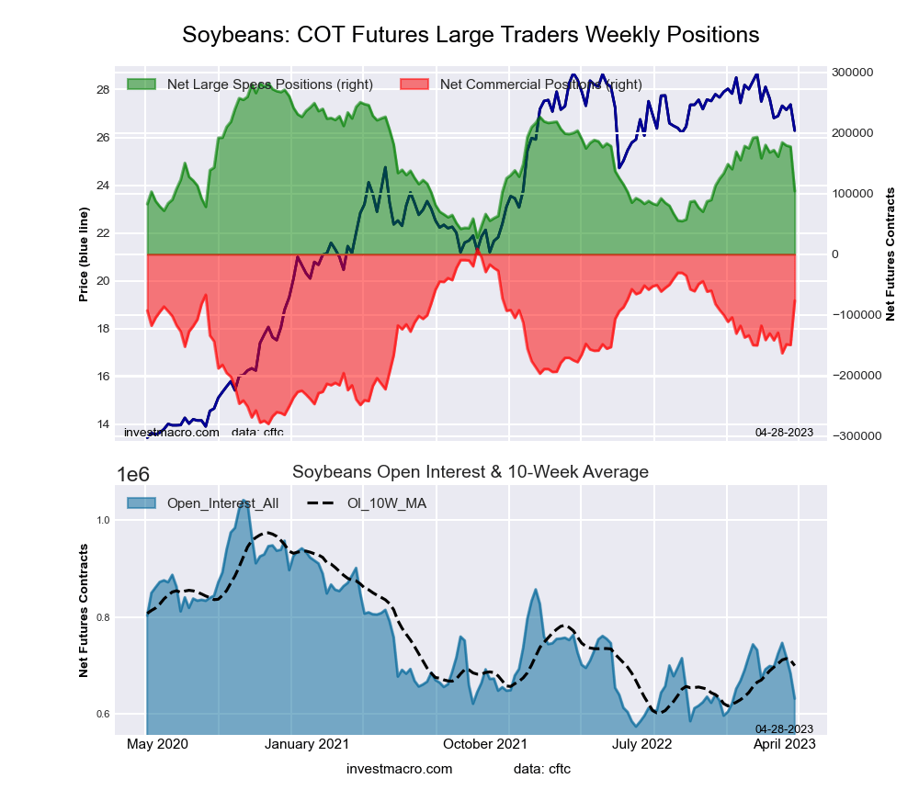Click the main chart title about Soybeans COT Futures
(x=471, y=35)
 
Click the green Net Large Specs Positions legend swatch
(x=141, y=85)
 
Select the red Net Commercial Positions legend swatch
(x=414, y=85)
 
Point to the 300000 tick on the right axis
(x=852, y=73)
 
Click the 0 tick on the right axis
(x=835, y=254)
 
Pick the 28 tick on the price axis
(x=102, y=90)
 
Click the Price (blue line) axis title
(x=84, y=254)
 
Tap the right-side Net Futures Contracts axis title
(x=890, y=254)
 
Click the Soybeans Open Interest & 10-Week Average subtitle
(x=471, y=472)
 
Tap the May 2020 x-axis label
(x=150, y=743)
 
